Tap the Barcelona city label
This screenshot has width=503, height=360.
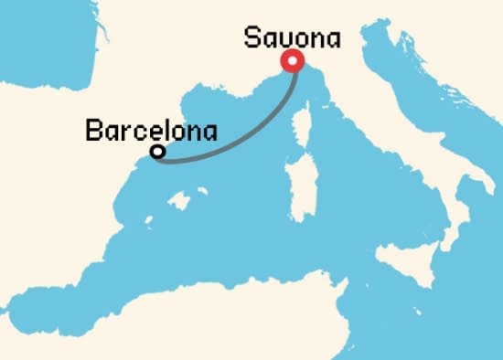(x=151, y=131)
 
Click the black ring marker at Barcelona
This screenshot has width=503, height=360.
(x=157, y=152)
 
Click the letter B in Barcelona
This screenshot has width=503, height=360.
(x=91, y=131)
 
